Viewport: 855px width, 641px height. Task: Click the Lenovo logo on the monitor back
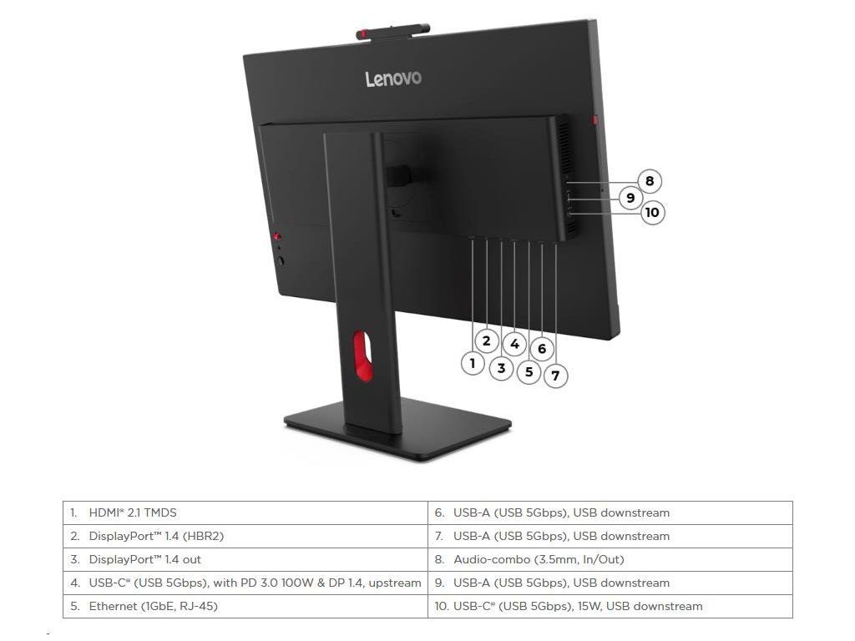point(393,78)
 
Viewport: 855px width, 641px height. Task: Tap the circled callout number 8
point(649,181)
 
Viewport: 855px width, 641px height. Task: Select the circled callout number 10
point(652,212)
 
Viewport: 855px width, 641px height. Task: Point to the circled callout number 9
point(630,198)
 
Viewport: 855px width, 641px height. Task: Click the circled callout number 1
point(473,363)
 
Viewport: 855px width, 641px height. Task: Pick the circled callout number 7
point(556,376)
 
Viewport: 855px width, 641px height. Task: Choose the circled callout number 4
point(514,344)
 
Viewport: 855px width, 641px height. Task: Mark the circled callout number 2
point(486,341)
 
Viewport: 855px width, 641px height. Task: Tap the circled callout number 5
point(529,371)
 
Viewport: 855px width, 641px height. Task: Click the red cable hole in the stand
point(360,355)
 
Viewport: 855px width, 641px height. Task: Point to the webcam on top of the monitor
point(392,32)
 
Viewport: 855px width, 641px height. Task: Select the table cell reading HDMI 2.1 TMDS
point(134,512)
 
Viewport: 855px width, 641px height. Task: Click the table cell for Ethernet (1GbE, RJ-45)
point(154,606)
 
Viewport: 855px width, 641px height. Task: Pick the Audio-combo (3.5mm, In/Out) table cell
point(539,559)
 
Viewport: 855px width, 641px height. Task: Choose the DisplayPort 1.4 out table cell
point(145,559)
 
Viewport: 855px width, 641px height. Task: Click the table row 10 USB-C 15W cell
point(578,606)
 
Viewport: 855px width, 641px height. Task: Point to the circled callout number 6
point(542,349)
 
